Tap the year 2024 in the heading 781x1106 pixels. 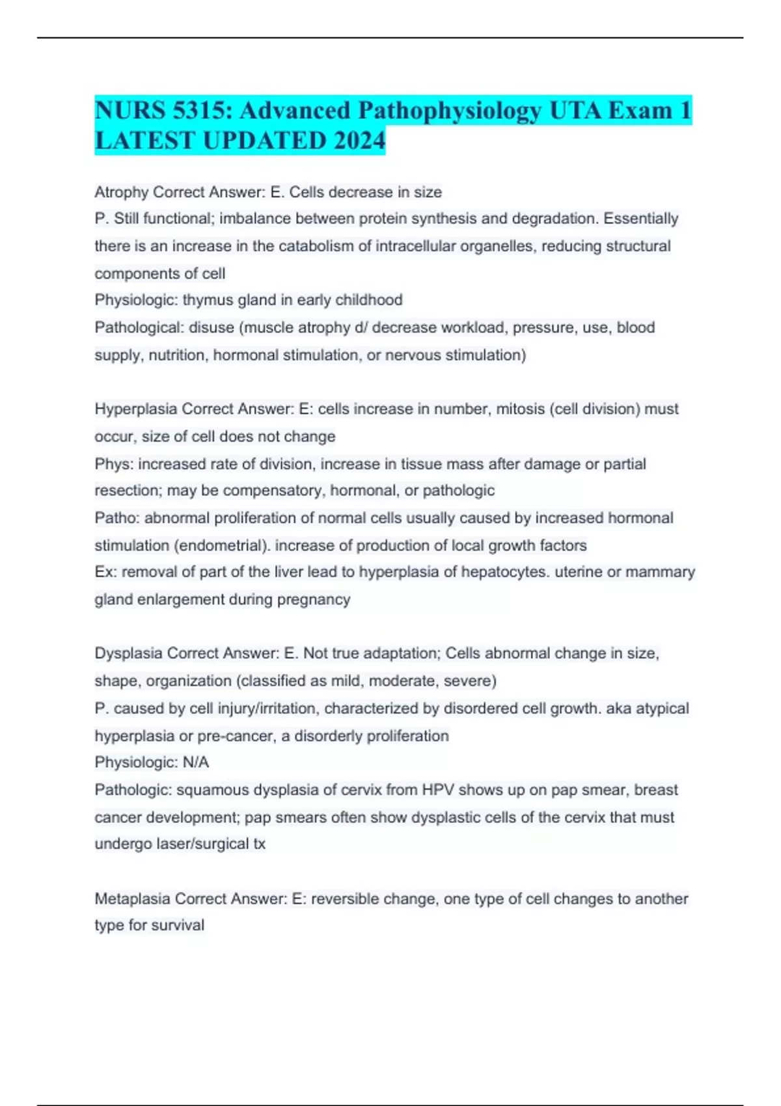358,141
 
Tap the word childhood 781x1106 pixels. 370,300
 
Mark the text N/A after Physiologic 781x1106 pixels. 196,762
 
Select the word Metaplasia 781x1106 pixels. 133,898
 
